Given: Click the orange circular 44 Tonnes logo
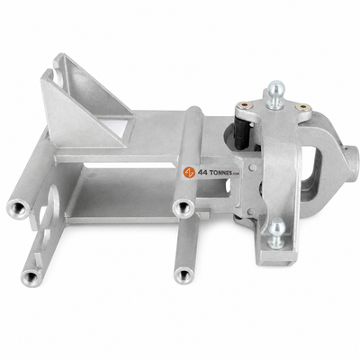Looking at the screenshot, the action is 189,172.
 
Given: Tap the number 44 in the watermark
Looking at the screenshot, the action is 201,173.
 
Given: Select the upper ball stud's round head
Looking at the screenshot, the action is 276,86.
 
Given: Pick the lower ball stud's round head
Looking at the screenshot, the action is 276,226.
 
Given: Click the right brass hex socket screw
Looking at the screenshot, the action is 302,107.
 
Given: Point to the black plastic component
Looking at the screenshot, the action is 242,132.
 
